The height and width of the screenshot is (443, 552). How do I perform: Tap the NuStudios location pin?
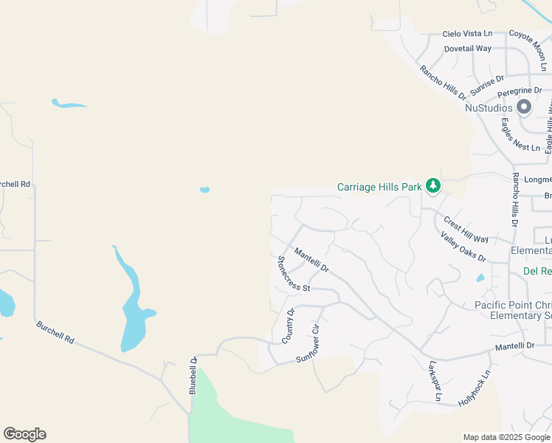click(x=525, y=108)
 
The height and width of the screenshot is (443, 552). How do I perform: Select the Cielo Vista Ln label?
click(x=467, y=34)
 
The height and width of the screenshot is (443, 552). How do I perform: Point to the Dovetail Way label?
click(x=468, y=49)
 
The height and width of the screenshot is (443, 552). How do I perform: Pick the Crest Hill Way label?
click(x=466, y=229)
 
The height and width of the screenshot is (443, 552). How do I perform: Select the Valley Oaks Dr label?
click(x=463, y=247)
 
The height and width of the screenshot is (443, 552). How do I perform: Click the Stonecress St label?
click(x=292, y=272)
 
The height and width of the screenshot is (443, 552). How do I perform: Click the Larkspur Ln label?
click(x=435, y=381)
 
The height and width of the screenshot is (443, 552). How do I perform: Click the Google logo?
click(x=24, y=434)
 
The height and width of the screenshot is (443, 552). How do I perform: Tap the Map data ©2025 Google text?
click(x=506, y=437)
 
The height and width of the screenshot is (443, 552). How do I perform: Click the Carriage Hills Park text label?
click(x=379, y=187)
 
